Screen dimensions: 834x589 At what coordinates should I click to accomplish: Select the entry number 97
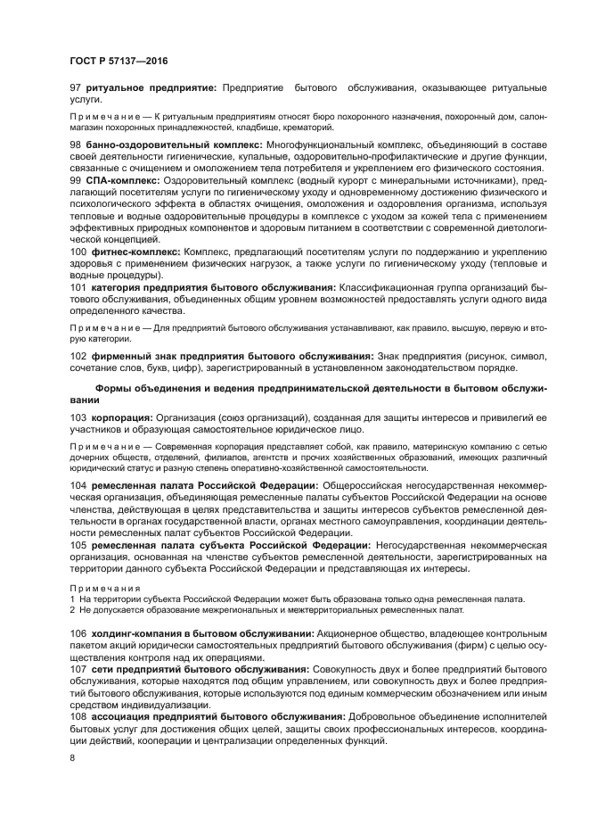point(76,88)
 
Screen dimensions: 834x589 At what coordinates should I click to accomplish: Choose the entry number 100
point(78,252)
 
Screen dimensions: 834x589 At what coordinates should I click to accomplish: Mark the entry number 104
point(78,485)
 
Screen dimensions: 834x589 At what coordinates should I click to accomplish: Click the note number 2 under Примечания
point(72,610)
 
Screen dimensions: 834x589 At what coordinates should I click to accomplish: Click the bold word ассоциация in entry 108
point(125,716)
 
